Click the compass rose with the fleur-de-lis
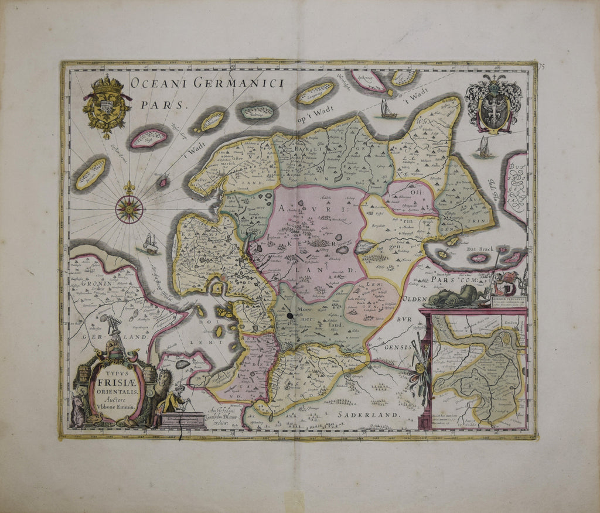[x=129, y=208]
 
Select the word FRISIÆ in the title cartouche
[x=116, y=378]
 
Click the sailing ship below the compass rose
[x=150, y=244]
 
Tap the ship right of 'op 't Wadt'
[x=387, y=110]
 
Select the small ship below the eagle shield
[x=484, y=148]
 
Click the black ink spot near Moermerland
[x=291, y=317]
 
